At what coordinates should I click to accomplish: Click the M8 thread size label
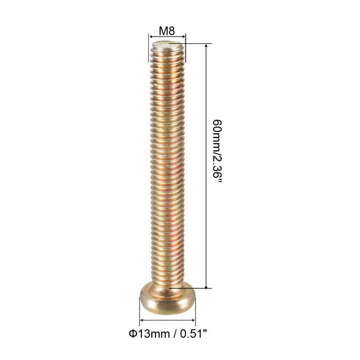coord(167,31)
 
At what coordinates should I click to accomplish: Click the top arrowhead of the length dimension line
coord(206,46)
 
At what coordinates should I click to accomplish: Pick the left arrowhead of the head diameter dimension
coord(142,320)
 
